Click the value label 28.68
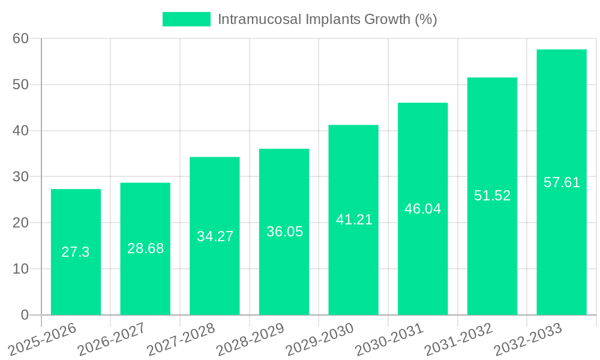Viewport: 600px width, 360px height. coord(145,248)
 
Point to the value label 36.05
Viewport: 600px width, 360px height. coord(284,232)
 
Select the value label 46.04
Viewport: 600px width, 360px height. coord(422,209)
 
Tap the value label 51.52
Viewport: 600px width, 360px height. coord(492,196)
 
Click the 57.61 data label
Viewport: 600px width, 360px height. coord(562,182)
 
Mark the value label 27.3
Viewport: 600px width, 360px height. coord(76,252)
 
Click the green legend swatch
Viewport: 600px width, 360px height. coord(187,19)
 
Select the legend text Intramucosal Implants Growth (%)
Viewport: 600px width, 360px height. coord(327,19)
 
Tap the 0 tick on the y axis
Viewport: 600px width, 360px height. coord(25,315)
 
